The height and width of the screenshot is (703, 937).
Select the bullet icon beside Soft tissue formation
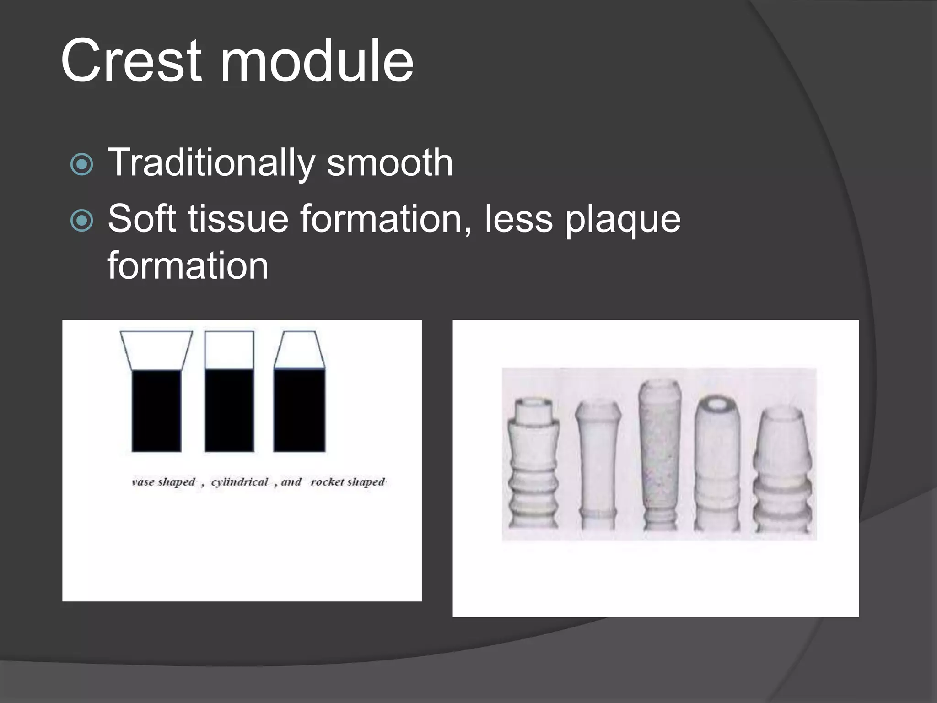coord(82,221)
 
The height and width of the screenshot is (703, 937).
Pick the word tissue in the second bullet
coord(238,219)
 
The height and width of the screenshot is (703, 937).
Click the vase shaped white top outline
coord(156,350)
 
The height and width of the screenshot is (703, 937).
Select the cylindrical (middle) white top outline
coord(229,350)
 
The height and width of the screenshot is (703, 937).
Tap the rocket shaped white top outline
coord(299,350)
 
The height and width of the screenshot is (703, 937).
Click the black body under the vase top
coord(156,411)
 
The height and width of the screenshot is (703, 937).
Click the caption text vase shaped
coord(163,482)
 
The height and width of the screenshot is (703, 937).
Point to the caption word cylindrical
coord(239,482)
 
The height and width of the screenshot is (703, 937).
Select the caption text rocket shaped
coord(348,482)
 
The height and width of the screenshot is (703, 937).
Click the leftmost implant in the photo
coord(533,462)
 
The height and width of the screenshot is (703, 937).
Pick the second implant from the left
coord(598,465)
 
